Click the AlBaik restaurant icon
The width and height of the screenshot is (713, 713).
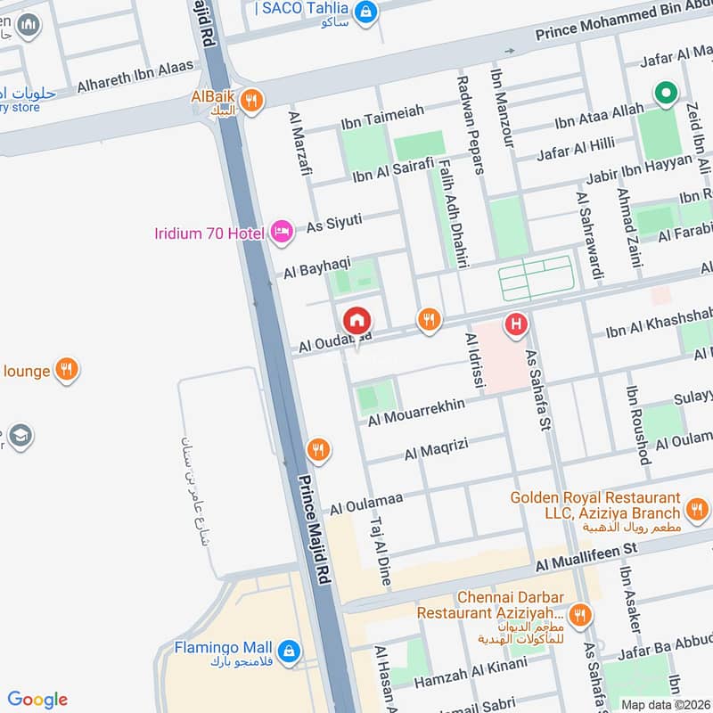point(253,102)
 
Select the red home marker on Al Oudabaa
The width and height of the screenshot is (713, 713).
point(356,319)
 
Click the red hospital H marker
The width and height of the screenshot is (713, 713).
point(515,324)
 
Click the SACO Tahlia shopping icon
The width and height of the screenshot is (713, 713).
point(364,12)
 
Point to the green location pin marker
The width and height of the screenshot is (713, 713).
point(664,92)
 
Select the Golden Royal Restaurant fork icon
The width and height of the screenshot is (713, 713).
point(695,509)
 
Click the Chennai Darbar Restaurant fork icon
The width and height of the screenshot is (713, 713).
point(579,613)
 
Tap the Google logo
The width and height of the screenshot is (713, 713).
point(37,700)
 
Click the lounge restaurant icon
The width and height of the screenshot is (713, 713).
point(66,370)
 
